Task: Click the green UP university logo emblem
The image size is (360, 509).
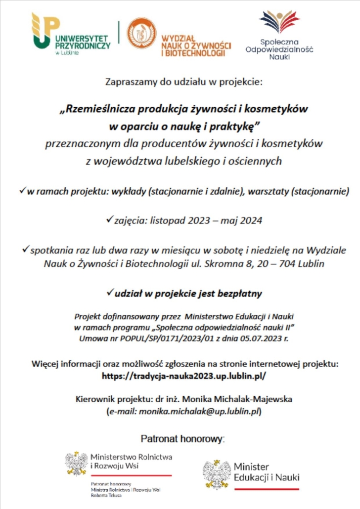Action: click(44, 31)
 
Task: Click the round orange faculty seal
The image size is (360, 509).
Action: click(141, 34)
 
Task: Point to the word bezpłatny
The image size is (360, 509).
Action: click(241, 294)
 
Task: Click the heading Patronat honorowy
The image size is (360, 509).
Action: click(182, 438)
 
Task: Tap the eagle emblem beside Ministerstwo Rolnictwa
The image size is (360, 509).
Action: click(77, 464)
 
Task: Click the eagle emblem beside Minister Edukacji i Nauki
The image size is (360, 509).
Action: click(218, 473)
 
